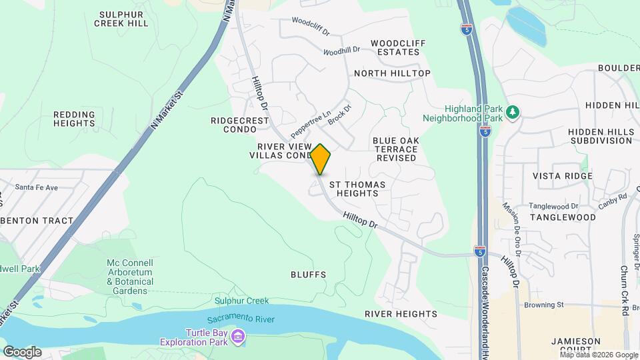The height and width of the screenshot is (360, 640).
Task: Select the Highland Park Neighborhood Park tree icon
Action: point(512,111)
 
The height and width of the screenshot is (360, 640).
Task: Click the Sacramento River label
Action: point(244,319)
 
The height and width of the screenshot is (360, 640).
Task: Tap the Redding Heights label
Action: point(74,119)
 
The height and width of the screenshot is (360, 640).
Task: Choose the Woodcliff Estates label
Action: point(399,47)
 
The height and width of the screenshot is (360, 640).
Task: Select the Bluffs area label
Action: point(309,274)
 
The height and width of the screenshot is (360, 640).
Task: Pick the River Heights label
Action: point(401,313)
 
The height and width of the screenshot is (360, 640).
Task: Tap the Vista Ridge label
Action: point(562,176)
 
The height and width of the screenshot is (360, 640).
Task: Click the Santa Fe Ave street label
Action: point(38,187)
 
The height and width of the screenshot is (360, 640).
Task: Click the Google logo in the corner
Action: point(22,351)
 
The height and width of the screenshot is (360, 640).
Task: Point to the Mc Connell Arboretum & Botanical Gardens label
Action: point(129,277)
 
